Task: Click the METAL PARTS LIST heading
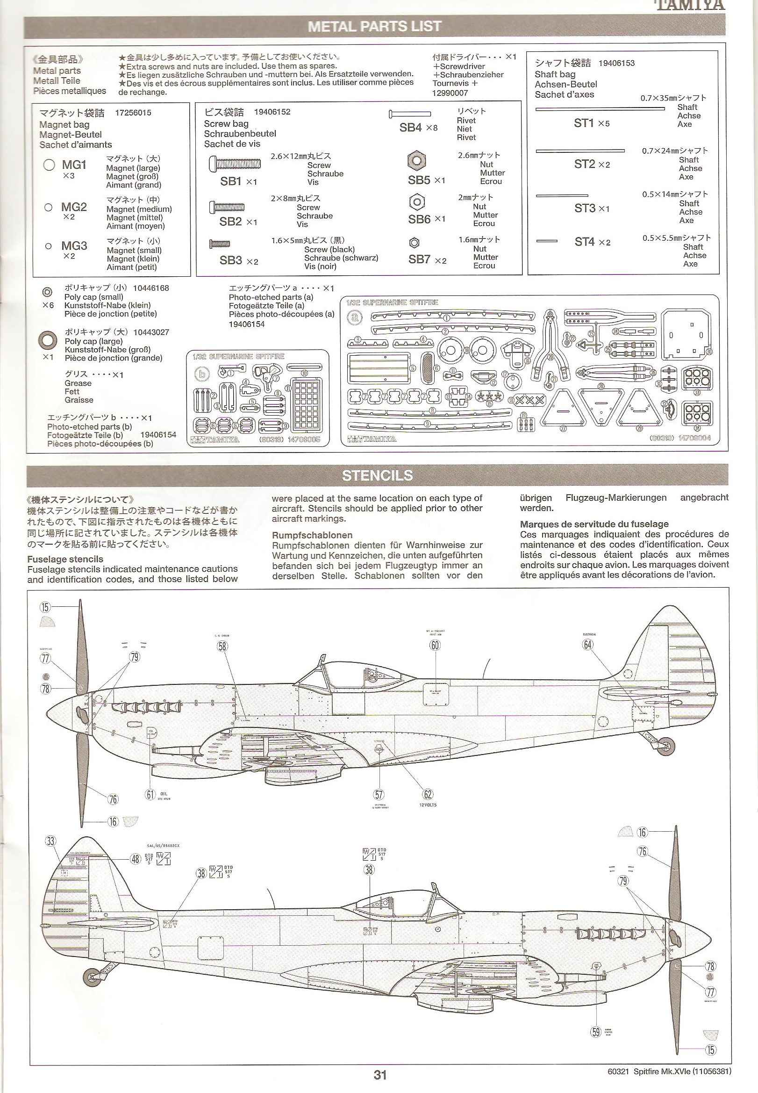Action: click(375, 27)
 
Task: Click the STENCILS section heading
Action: click(377, 475)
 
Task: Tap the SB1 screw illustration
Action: click(234, 164)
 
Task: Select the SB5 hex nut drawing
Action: click(416, 160)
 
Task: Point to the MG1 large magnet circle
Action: click(49, 165)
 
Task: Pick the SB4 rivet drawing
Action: click(409, 114)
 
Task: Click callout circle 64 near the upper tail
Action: click(588, 645)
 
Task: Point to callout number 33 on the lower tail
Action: click(51, 841)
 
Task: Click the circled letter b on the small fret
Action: click(204, 374)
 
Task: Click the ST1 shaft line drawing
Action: click(600, 109)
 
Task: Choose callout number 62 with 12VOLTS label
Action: click(429, 794)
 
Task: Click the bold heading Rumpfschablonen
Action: click(312, 535)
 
